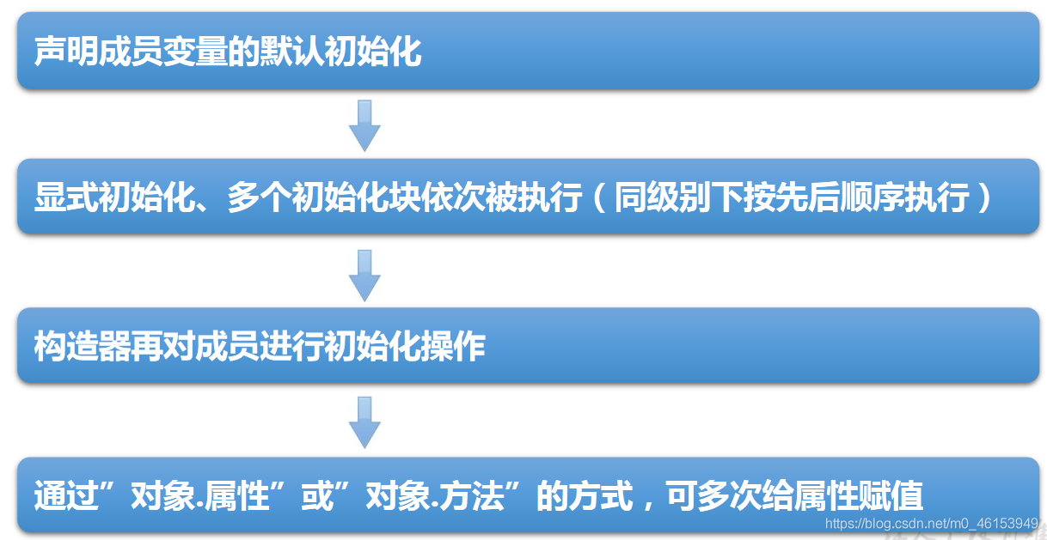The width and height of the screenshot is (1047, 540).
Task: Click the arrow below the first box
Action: (x=364, y=125)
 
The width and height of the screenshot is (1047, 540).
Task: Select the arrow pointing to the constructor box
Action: (x=364, y=276)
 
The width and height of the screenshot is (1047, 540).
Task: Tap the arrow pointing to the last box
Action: (x=364, y=422)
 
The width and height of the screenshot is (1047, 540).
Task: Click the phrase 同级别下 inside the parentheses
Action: (x=678, y=199)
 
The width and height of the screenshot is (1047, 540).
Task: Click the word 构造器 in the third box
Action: (x=83, y=347)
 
